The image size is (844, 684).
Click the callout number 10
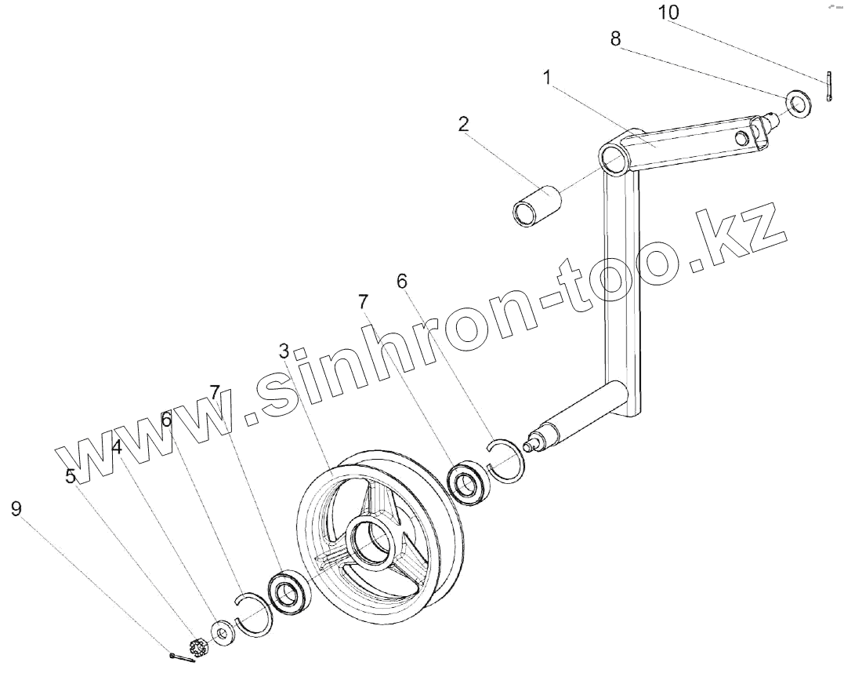pos(668,13)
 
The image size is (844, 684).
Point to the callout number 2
pos(464,124)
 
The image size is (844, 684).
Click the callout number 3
pos(284,350)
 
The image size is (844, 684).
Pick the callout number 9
pos(16,509)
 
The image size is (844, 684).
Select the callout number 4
pos(116,447)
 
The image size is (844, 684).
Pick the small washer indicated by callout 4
pos(225,632)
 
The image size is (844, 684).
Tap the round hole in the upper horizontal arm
pos(740,138)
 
